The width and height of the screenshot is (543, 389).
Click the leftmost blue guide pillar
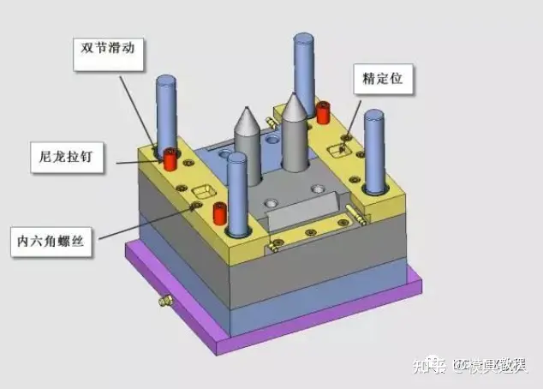click(165, 111)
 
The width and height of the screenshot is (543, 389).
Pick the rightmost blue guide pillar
click(374, 154)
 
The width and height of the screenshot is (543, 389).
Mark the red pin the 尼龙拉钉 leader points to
click(170, 159)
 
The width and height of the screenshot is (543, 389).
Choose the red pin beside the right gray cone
click(324, 111)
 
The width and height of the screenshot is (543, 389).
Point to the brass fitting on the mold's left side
click(163, 300)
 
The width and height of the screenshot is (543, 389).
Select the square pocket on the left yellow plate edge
click(206, 189)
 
